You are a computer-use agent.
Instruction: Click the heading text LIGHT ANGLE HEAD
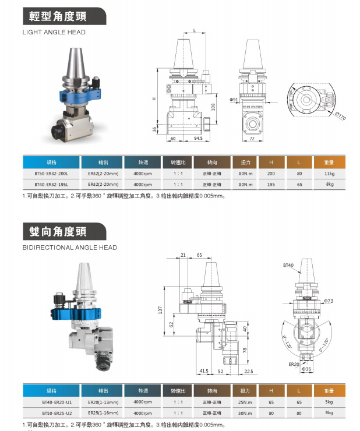pos(54,32)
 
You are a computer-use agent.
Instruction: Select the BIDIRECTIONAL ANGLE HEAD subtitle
pos(69,248)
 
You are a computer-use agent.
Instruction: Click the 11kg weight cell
pos(329,174)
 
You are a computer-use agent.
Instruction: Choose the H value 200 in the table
pos(271,174)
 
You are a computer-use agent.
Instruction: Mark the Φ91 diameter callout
pos(234,100)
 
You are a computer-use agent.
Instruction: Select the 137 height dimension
pos(160,311)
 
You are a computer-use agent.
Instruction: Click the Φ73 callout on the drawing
pos(328,301)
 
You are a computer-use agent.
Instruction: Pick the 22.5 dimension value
pos(249,371)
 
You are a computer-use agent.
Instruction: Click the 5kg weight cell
pos(329,402)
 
